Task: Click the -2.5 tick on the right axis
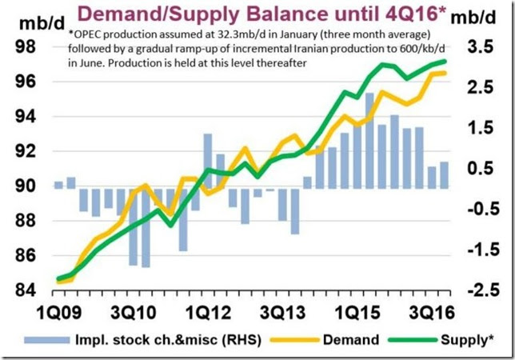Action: pyautogui.click(x=479, y=290)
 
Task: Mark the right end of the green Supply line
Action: pyautogui.click(x=445, y=61)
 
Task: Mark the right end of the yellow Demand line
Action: pyautogui.click(x=445, y=73)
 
